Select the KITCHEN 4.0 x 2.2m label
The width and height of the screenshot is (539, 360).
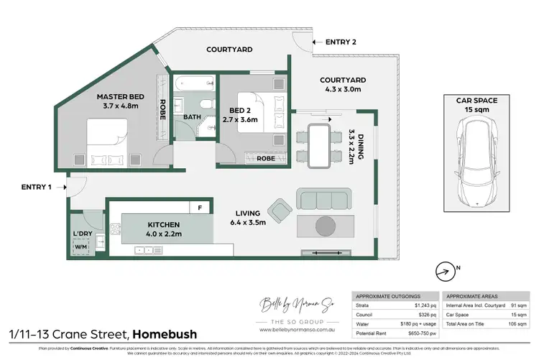coord(152,229)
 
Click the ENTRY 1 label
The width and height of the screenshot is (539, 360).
coord(37,188)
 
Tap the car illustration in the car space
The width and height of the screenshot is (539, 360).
coord(476,163)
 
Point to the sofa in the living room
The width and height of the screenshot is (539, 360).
coord(324,199)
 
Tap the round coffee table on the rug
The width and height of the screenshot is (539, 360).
coord(325,226)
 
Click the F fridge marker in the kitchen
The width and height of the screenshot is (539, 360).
coord(201,208)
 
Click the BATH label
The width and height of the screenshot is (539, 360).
coord(192,116)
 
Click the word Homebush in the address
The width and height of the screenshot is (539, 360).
coord(165,334)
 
